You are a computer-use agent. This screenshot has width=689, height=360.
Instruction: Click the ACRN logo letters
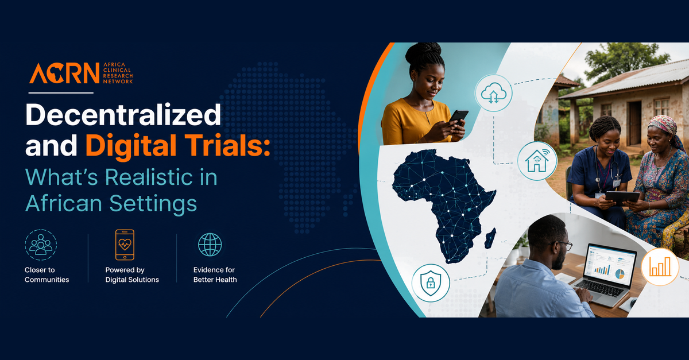pos(64,73)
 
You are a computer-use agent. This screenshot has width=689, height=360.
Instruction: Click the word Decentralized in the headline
pos(123,114)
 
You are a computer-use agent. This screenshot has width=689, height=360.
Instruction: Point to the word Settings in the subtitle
pos(153,204)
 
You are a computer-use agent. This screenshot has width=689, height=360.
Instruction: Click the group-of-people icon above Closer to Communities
pos(41,245)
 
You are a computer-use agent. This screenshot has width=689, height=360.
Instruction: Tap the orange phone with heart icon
pos(125,245)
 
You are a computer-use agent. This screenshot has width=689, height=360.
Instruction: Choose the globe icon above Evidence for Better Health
pos(210,245)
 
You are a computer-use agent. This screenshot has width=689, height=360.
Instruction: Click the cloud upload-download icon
pos(494,93)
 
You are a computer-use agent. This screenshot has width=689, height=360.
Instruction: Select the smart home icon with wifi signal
pos(537,161)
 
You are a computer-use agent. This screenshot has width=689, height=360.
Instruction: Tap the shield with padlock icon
pos(431,282)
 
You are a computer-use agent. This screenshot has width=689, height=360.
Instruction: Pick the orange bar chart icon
pos(660,267)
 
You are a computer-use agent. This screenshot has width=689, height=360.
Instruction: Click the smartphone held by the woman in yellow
pos(458,117)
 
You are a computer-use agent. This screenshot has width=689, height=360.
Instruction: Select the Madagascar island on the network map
pos(490,238)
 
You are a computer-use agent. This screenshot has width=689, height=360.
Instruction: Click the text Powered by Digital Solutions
pos(132,275)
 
